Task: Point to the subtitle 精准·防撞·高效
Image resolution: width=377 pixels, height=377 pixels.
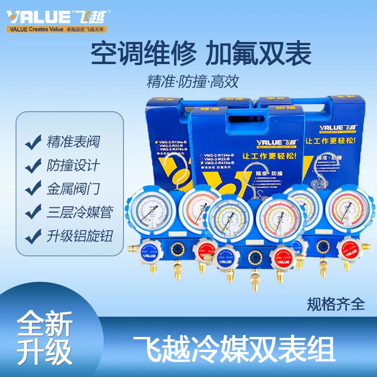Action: (193, 81)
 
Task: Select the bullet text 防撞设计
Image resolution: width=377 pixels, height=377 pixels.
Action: (73, 166)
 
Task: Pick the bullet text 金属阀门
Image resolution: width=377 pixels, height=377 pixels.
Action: (73, 188)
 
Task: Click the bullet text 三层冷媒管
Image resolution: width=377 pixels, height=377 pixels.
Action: (80, 212)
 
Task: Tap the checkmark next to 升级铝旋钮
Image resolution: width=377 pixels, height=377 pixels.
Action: (33, 236)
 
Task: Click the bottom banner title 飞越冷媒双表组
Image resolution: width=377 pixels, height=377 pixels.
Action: (234, 349)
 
